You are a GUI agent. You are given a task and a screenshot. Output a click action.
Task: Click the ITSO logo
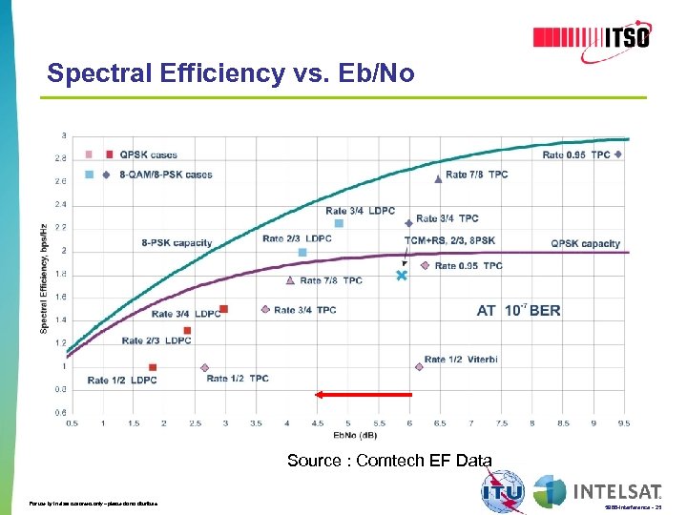tap(592, 37)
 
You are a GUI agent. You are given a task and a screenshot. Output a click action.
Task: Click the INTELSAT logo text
tap(617, 492)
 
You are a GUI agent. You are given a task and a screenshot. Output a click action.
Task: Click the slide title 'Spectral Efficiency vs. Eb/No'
tap(231, 73)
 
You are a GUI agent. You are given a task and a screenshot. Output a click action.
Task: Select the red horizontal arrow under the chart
tap(364, 393)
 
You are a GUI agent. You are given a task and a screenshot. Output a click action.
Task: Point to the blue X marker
tap(402, 275)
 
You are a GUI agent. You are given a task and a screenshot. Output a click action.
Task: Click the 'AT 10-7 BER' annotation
tap(518, 310)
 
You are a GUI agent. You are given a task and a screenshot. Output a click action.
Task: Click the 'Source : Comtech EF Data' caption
tap(389, 461)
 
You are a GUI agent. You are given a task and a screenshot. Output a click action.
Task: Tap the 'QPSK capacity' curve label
tap(585, 243)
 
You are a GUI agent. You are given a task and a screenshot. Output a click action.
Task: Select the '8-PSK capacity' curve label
tap(177, 242)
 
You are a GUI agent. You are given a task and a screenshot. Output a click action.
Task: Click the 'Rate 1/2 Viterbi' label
tap(460, 360)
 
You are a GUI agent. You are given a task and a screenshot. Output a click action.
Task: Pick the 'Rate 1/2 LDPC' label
tap(122, 381)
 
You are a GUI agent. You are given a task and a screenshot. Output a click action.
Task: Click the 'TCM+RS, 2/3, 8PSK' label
tap(449, 240)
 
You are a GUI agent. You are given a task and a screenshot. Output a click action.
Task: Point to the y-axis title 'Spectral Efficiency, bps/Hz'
tap(44, 278)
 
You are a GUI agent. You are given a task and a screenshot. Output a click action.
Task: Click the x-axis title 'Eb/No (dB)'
tap(347, 436)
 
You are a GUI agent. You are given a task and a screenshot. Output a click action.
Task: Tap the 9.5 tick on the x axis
tap(623, 422)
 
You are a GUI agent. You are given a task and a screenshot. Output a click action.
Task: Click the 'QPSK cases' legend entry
tap(148, 154)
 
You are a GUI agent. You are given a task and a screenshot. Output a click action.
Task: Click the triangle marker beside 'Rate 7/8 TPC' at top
tap(437, 176)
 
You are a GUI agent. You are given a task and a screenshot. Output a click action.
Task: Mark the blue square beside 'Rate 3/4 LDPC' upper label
tap(339, 223)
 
